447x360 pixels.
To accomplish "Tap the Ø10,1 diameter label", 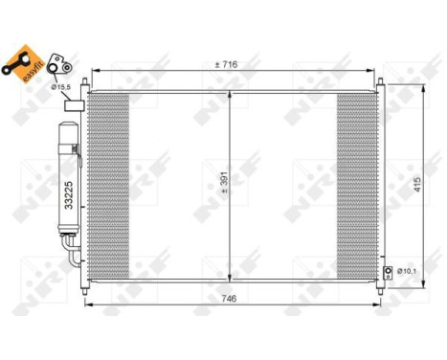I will (408, 273).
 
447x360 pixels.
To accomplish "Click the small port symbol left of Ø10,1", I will (388, 273).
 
